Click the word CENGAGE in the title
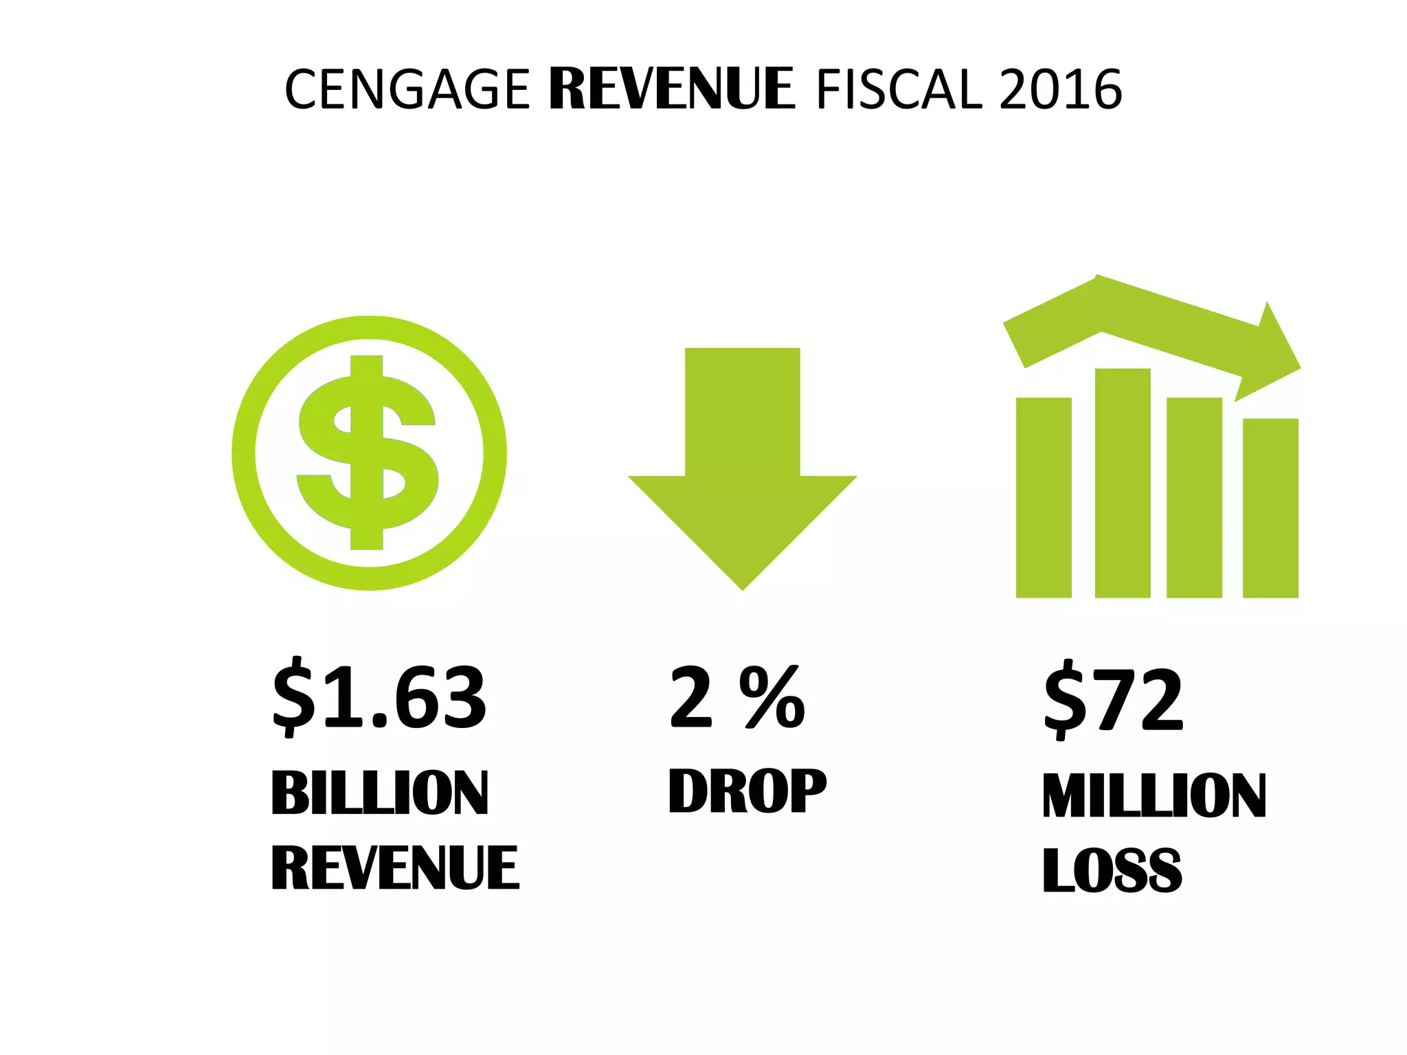[x=407, y=90]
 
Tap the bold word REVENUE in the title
[x=671, y=90]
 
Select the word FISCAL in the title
[x=899, y=90]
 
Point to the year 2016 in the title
[x=1061, y=90]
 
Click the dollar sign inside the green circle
[x=368, y=453]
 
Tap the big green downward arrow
[x=743, y=467]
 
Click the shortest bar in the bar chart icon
[x=1270, y=508]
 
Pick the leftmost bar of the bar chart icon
[x=1044, y=498]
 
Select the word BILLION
[x=380, y=793]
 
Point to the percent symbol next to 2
[x=772, y=697]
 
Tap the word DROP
[x=747, y=791]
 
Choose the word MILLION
[x=1154, y=795]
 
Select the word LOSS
[x=1112, y=871]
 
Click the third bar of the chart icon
[x=1194, y=498]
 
